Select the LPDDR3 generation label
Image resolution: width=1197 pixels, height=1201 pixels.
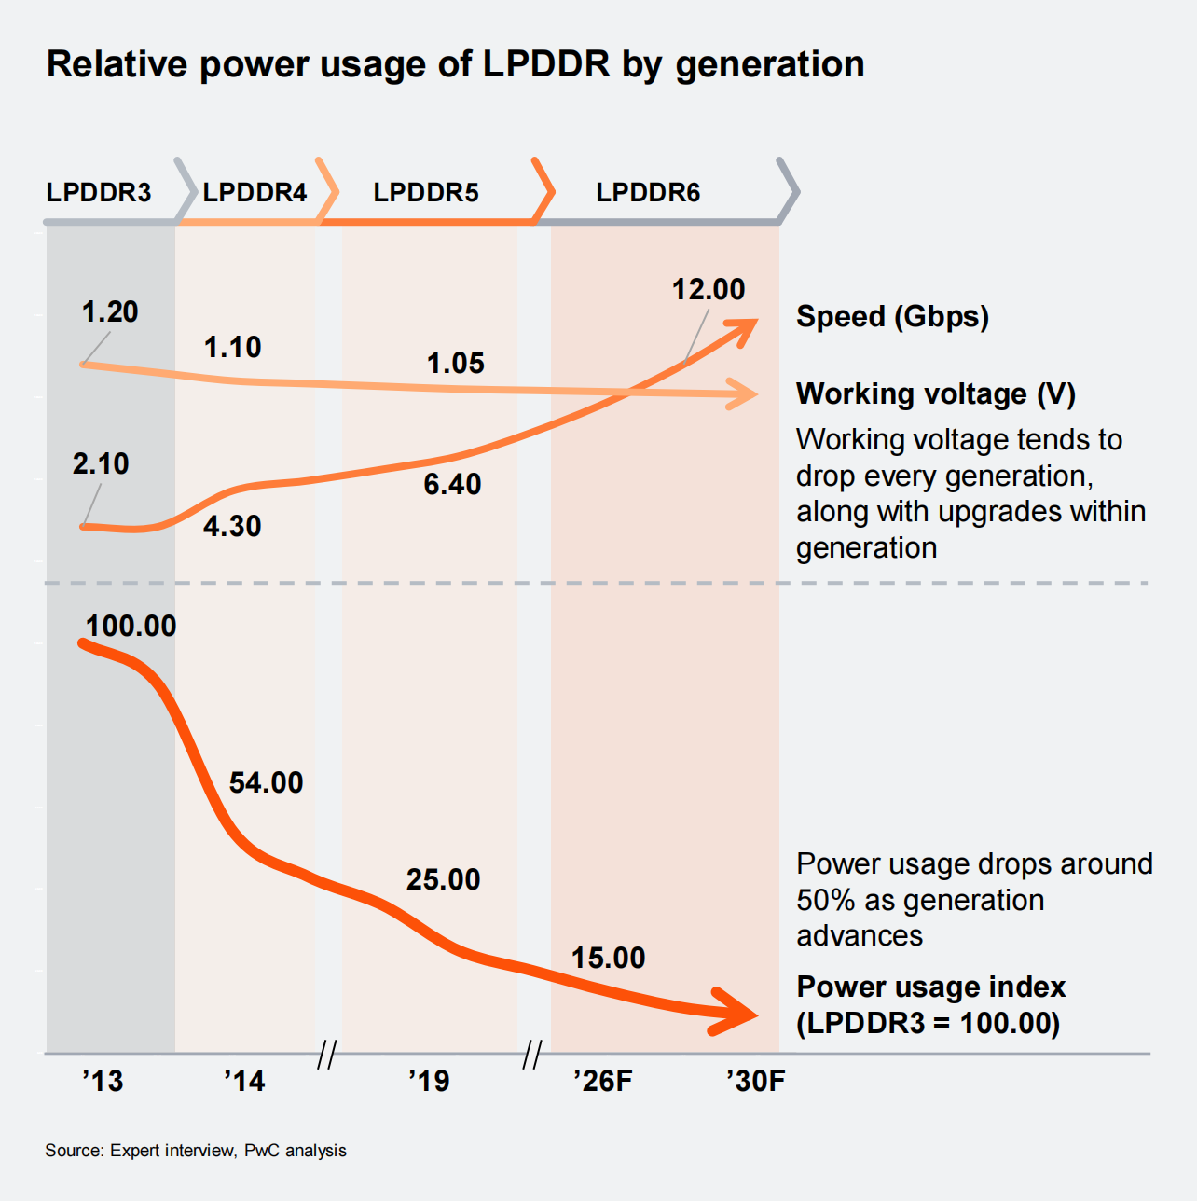(99, 193)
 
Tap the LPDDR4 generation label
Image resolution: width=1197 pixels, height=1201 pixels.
(255, 193)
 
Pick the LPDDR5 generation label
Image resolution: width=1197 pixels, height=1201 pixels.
(426, 193)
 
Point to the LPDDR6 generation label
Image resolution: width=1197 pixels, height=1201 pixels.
(648, 193)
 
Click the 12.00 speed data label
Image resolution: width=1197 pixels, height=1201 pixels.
(709, 290)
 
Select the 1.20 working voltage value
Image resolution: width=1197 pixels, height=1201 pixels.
(110, 312)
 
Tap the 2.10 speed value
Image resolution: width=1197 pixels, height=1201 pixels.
(101, 463)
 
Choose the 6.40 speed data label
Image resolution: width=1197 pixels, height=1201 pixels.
(452, 485)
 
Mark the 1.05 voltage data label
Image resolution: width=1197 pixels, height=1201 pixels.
(456, 364)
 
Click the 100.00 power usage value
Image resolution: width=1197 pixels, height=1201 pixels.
(131, 627)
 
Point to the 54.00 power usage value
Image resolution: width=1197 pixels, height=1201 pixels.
(267, 783)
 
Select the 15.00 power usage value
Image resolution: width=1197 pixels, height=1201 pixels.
(609, 959)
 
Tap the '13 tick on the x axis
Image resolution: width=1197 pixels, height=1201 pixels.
(103, 1082)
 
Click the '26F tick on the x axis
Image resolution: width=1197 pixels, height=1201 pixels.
(603, 1082)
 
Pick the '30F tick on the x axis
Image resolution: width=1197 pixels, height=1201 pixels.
(756, 1082)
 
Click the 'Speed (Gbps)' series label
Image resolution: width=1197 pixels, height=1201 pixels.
(892, 317)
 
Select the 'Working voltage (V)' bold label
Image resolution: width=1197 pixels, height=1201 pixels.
(936, 394)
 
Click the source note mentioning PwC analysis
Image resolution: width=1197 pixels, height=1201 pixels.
(196, 1151)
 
